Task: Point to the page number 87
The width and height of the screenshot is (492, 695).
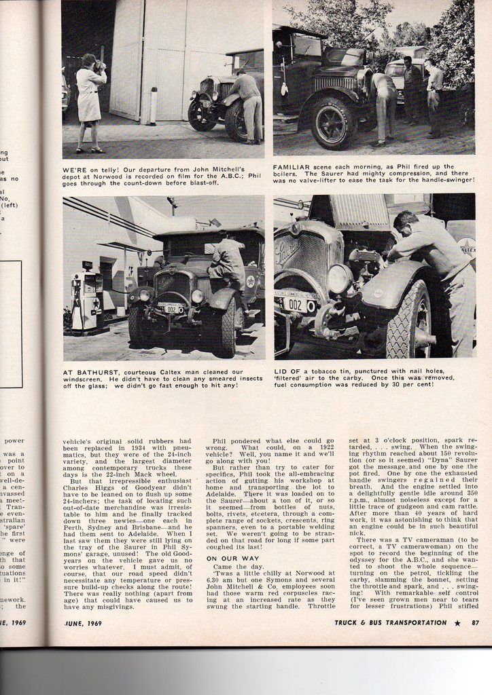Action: point(474,622)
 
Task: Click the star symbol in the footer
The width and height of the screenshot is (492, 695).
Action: point(457,622)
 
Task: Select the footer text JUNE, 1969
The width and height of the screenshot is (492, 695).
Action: point(83,622)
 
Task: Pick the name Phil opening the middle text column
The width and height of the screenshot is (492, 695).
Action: point(221,440)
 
